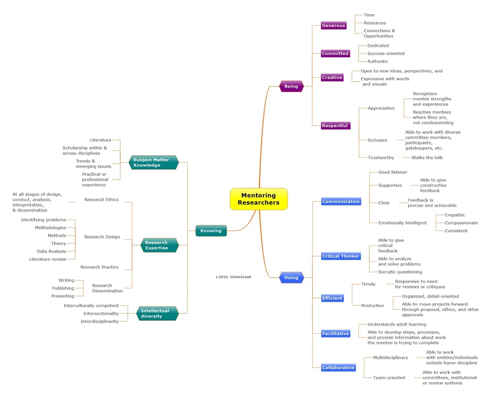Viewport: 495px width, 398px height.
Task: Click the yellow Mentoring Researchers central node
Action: [x=258, y=199]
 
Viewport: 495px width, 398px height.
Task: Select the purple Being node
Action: [x=291, y=87]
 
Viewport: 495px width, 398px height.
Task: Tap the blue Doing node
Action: [x=291, y=277]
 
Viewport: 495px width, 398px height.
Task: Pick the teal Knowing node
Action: [x=211, y=230]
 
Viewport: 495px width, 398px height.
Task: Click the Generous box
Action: [x=333, y=26]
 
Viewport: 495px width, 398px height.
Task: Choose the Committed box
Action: [x=335, y=53]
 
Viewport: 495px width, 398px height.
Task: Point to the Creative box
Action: [x=332, y=78]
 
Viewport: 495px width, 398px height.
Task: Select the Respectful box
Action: [x=335, y=126]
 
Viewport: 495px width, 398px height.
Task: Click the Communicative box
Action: [x=341, y=202]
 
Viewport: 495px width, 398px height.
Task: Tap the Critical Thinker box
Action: [x=341, y=256]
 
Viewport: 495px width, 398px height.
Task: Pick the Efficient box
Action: [x=332, y=298]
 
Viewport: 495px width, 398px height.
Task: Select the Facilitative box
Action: [x=335, y=334]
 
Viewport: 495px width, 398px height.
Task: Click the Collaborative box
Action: [x=338, y=368]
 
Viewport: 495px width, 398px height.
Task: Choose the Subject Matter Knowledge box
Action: [x=153, y=162]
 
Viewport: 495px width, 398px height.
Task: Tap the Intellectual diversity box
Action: [x=156, y=313]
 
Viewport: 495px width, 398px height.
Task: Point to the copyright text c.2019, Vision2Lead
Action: [x=233, y=277]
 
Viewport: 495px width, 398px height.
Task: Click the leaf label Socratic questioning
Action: [x=400, y=272]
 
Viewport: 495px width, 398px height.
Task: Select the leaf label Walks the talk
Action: [x=427, y=158]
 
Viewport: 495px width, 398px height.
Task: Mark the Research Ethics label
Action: [x=101, y=200]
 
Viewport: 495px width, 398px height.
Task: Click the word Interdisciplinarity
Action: [x=99, y=321]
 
